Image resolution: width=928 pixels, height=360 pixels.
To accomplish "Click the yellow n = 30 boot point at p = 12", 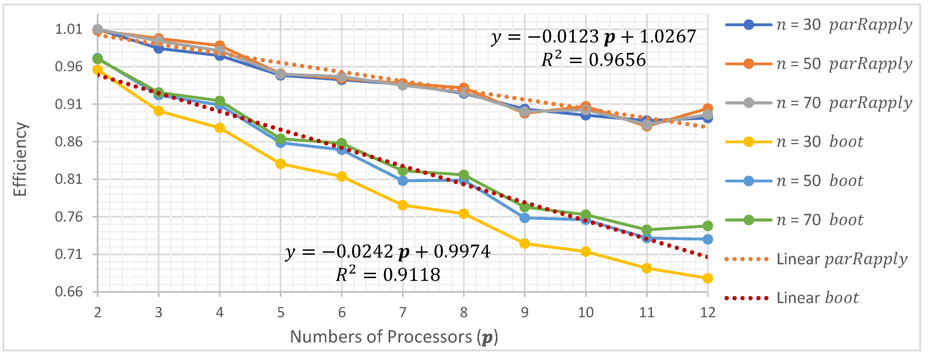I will tap(707, 278).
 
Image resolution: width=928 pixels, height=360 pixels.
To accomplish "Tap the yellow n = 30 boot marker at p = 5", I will tap(281, 164).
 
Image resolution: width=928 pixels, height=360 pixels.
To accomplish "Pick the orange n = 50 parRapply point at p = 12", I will tap(707, 108).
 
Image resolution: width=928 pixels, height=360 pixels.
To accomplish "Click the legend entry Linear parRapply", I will tap(816, 259).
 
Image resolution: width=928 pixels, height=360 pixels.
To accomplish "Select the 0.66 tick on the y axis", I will tap(68, 292).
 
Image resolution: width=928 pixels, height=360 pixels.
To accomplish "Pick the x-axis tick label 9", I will tap(524, 312).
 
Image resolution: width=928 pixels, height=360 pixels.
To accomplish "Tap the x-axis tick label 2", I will tap(98, 312).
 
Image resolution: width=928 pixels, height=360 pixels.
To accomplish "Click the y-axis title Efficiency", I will tap(20, 159).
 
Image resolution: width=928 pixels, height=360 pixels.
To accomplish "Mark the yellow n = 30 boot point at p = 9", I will tap(524, 243).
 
